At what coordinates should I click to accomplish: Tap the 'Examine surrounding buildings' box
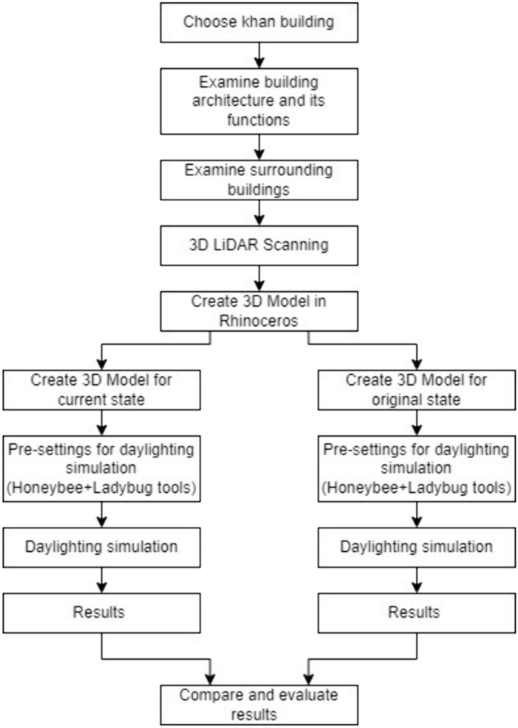coord(259,178)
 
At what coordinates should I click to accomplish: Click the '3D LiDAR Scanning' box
coord(259,245)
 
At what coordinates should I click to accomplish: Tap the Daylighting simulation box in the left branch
coord(101,547)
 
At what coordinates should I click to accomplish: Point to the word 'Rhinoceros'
coord(259,320)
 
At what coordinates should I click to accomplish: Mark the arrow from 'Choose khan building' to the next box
coord(259,53)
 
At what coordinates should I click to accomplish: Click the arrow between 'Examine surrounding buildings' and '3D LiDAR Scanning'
coord(259,211)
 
